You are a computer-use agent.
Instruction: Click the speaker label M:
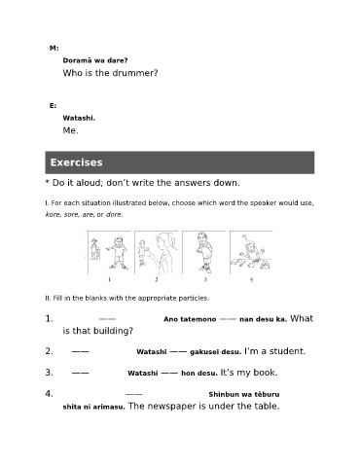[54, 48]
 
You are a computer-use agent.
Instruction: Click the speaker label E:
[53, 106]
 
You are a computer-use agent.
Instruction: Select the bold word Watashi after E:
[79, 118]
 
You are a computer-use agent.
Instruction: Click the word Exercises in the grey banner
[76, 162]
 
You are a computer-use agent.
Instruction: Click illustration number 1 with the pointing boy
[109, 252]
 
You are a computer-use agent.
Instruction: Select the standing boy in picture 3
[204, 252]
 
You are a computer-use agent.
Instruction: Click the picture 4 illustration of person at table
[251, 252]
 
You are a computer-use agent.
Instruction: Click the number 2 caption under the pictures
[157, 279]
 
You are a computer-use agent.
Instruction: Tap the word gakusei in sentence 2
[203, 352]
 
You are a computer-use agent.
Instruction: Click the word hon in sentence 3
[186, 373]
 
